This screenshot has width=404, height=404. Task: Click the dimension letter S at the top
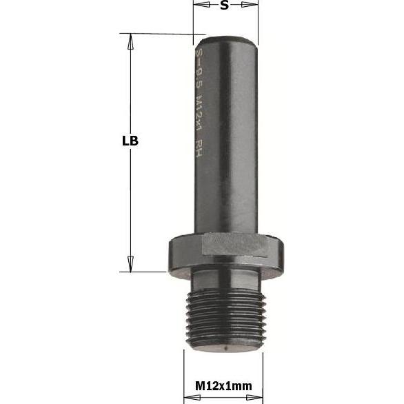pyautogui.click(x=224, y=6)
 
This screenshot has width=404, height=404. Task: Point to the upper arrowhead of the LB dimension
pyautogui.click(x=128, y=41)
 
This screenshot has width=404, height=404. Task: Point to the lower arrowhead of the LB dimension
pyautogui.click(x=128, y=263)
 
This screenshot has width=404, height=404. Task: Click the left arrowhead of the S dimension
pyautogui.click(x=199, y=6)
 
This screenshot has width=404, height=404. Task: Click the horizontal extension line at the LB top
pyautogui.click(x=162, y=33)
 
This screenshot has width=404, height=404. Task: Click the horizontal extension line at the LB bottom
pyautogui.click(x=145, y=272)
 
